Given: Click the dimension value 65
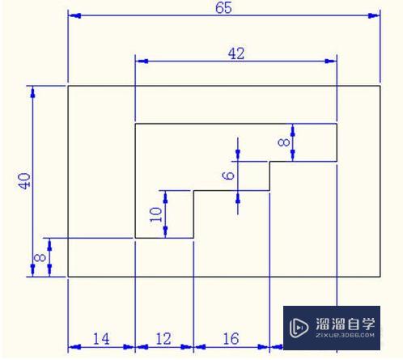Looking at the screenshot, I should click(224, 7).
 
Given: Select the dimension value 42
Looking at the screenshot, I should click(236, 53).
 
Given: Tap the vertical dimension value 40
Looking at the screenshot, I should click(25, 180).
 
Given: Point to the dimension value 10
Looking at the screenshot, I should click(157, 214).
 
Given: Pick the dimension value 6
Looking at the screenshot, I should click(228, 175).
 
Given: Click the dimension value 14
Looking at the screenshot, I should click(101, 339).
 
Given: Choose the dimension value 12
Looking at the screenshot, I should click(163, 339).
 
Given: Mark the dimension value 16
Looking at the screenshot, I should click(230, 339).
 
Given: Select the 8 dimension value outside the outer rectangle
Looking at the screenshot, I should click(39, 259).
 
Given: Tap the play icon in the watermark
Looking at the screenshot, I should click(298, 327).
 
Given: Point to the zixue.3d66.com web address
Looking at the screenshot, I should click(344, 337).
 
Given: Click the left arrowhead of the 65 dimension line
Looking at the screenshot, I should click(74, 15).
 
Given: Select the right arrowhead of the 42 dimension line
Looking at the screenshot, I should click(330, 61).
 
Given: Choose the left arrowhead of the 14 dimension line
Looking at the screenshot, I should click(73, 348).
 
